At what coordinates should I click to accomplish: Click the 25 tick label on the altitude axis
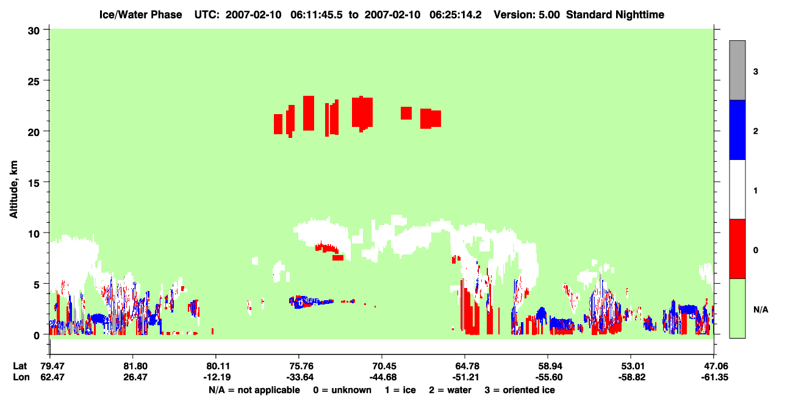[x=34, y=82]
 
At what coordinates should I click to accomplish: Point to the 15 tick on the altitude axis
[x=46, y=182]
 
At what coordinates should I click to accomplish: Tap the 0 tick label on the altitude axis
[x=37, y=336]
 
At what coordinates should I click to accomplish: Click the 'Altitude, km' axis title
[x=13, y=190]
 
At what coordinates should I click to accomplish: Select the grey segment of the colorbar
[x=737, y=70]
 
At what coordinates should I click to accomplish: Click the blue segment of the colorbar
[x=737, y=129]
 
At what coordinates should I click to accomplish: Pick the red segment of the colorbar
[x=737, y=249]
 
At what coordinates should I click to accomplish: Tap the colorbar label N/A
[x=761, y=310]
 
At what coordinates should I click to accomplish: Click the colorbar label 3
[x=756, y=71]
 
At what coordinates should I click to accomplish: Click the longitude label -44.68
[x=383, y=377]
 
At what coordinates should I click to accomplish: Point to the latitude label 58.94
[x=549, y=366]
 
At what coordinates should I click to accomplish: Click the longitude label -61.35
[x=715, y=377]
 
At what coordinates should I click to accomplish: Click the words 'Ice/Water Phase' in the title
[x=140, y=15]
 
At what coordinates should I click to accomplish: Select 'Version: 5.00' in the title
[x=527, y=15]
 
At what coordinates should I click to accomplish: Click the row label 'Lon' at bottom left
[x=21, y=377]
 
